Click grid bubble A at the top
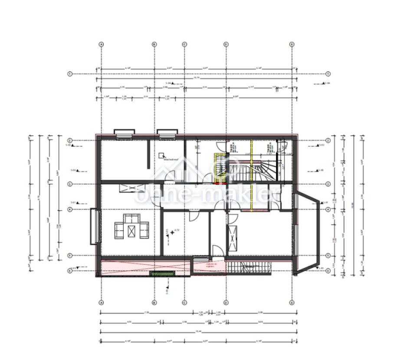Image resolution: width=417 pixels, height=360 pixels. tap(101, 44)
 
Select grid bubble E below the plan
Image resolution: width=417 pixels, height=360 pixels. tap(292, 302)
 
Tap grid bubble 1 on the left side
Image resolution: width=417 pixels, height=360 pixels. tap(69, 74)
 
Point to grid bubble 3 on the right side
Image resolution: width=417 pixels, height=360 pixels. tap(328, 184)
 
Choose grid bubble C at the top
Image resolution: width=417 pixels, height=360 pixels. tap(184, 44)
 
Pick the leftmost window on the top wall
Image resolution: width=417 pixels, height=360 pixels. tap(124, 133)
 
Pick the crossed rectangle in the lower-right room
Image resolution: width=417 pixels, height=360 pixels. tap(233, 238)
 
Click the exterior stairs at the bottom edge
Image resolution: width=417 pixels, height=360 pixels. tap(250, 268)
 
